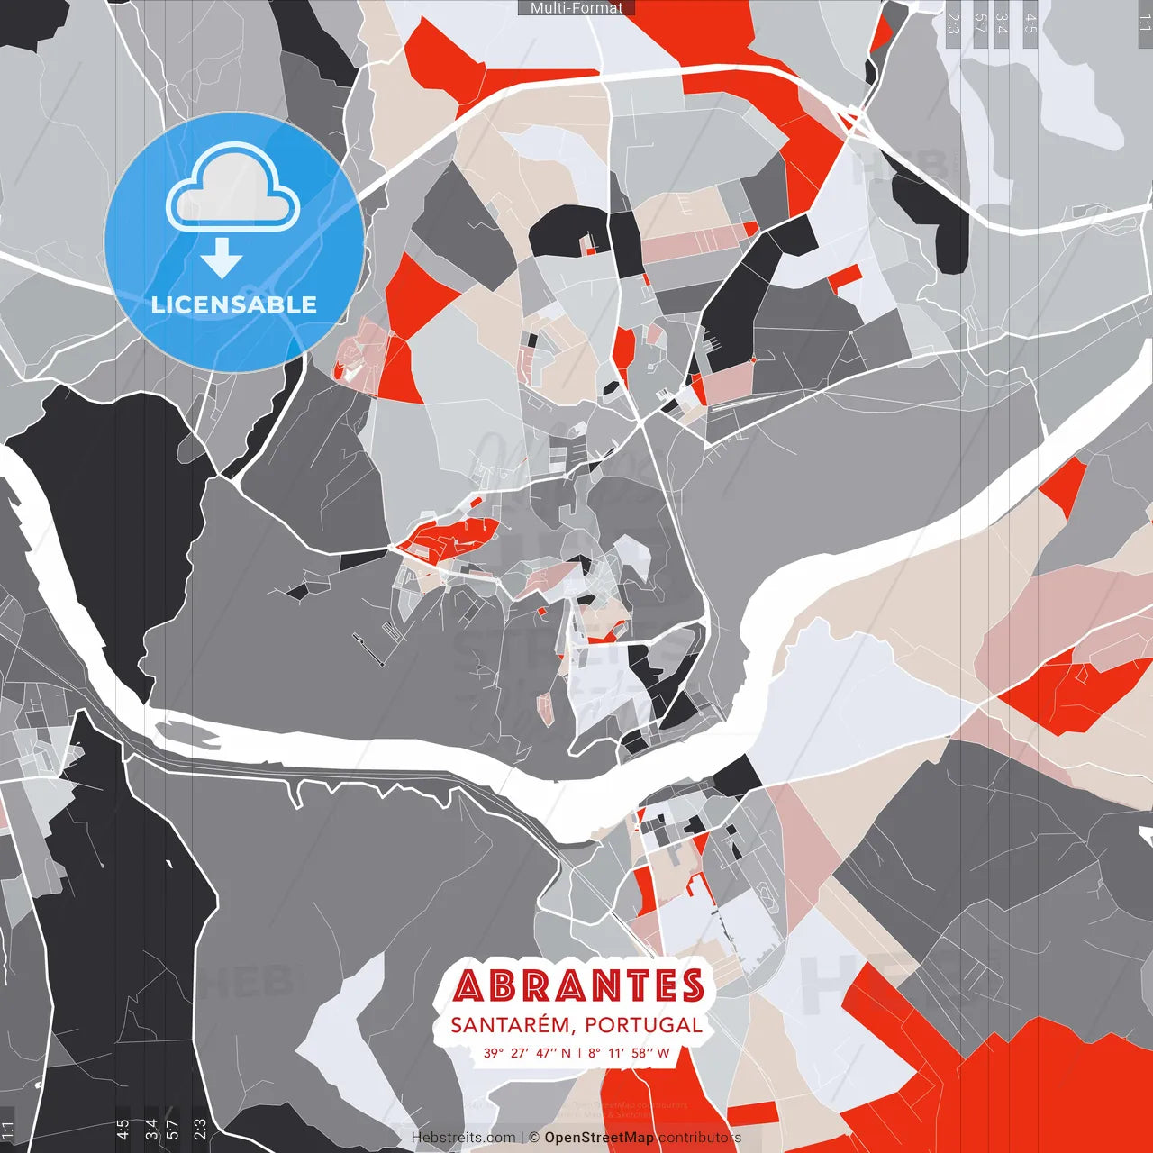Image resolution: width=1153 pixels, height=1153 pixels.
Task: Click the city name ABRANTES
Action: pyautogui.click(x=578, y=985)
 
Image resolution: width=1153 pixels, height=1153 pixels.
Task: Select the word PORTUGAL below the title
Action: pyautogui.click(x=643, y=1025)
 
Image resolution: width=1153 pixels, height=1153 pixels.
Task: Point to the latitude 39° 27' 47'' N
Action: pyautogui.click(x=527, y=1052)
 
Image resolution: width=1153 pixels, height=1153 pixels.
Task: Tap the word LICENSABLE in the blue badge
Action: pyautogui.click(x=234, y=304)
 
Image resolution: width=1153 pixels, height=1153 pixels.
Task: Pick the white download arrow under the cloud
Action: pyautogui.click(x=222, y=259)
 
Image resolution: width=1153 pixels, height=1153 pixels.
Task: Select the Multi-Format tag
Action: pyautogui.click(x=576, y=8)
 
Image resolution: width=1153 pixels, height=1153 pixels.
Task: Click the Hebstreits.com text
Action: pyautogui.click(x=463, y=1138)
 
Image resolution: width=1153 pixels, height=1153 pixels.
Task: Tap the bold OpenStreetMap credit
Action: pyautogui.click(x=598, y=1138)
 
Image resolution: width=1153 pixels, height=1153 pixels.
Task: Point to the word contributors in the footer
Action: pyautogui.click(x=700, y=1138)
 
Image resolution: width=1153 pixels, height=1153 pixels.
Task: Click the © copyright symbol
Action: pyautogui.click(x=533, y=1138)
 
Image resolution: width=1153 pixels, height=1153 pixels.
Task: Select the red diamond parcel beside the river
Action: pyautogui.click(x=1067, y=486)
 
